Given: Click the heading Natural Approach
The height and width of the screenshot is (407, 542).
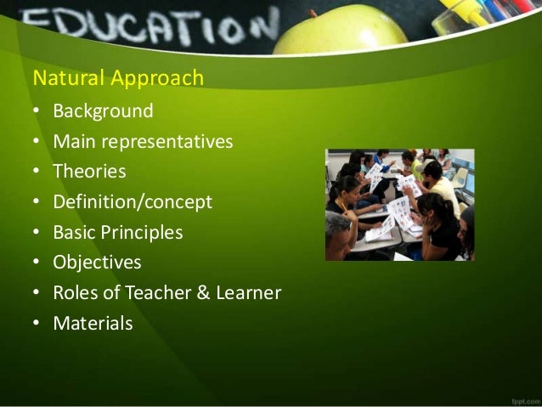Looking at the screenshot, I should (118, 79).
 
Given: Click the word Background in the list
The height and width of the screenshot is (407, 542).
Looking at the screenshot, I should (103, 111).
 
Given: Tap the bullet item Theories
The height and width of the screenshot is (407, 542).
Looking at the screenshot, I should (89, 172).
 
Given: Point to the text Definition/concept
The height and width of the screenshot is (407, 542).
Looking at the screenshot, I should (133, 202).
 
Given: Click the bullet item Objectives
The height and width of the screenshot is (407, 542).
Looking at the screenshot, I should (97, 263).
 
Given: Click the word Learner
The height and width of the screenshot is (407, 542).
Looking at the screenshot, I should (247, 293).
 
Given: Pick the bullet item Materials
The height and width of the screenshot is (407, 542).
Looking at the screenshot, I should (93, 324).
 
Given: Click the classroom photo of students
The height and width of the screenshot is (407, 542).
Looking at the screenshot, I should (399, 205).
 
